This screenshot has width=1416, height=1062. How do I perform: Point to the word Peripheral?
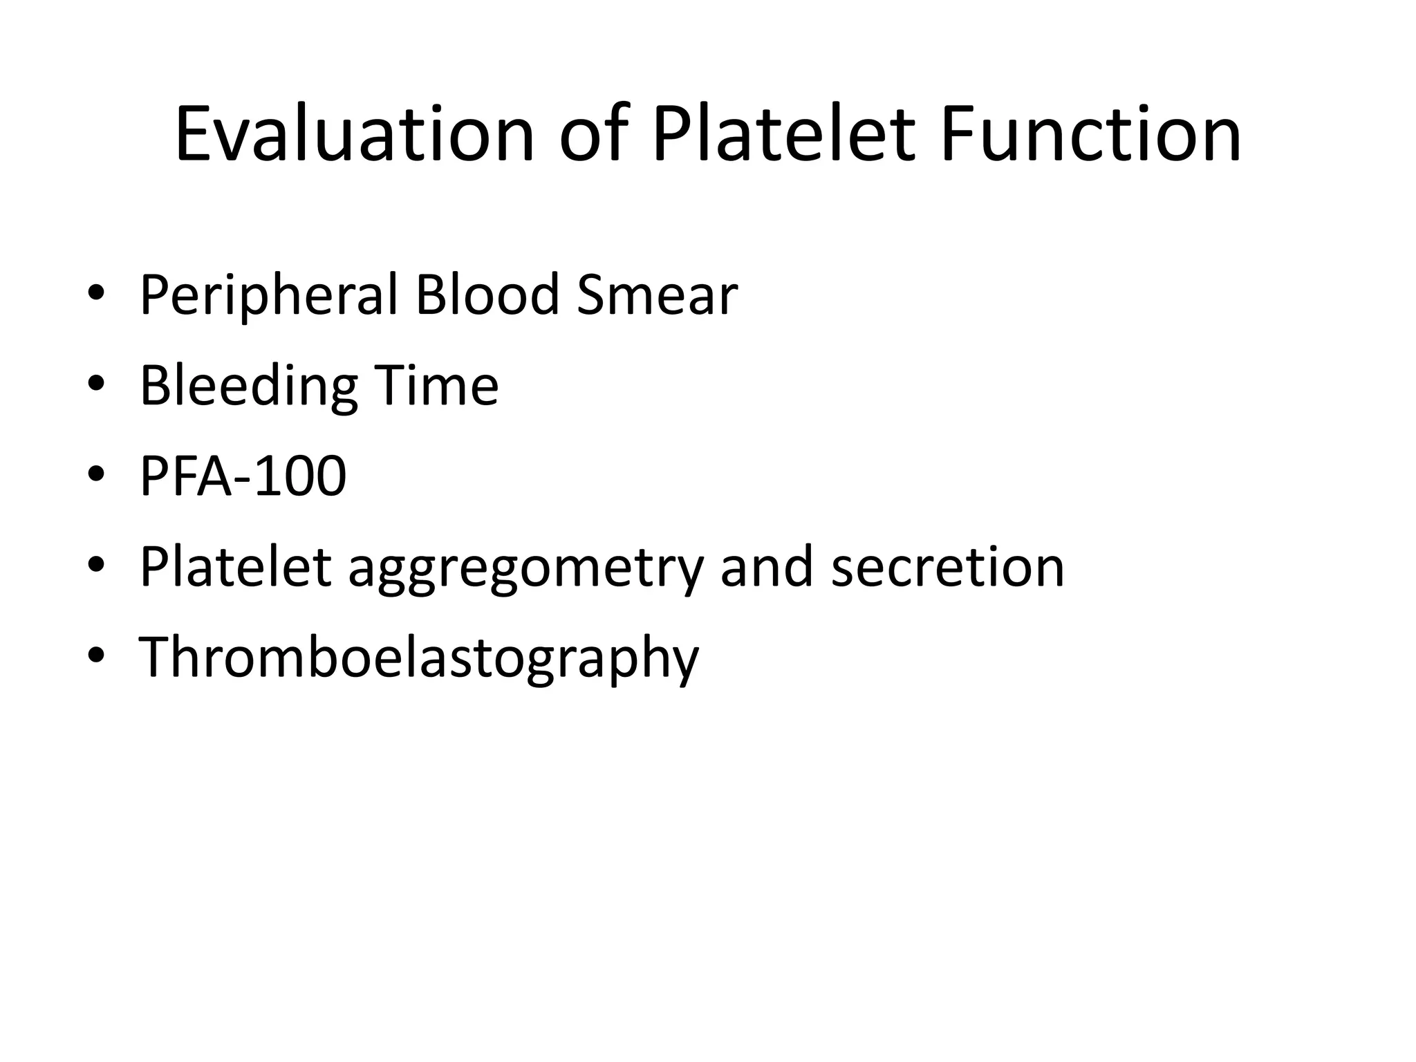(x=269, y=296)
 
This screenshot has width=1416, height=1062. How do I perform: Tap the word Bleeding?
(x=248, y=386)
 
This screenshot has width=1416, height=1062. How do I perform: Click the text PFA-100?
(x=243, y=476)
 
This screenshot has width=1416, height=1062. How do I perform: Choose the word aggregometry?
(x=525, y=568)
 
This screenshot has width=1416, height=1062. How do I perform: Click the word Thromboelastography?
(x=419, y=658)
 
